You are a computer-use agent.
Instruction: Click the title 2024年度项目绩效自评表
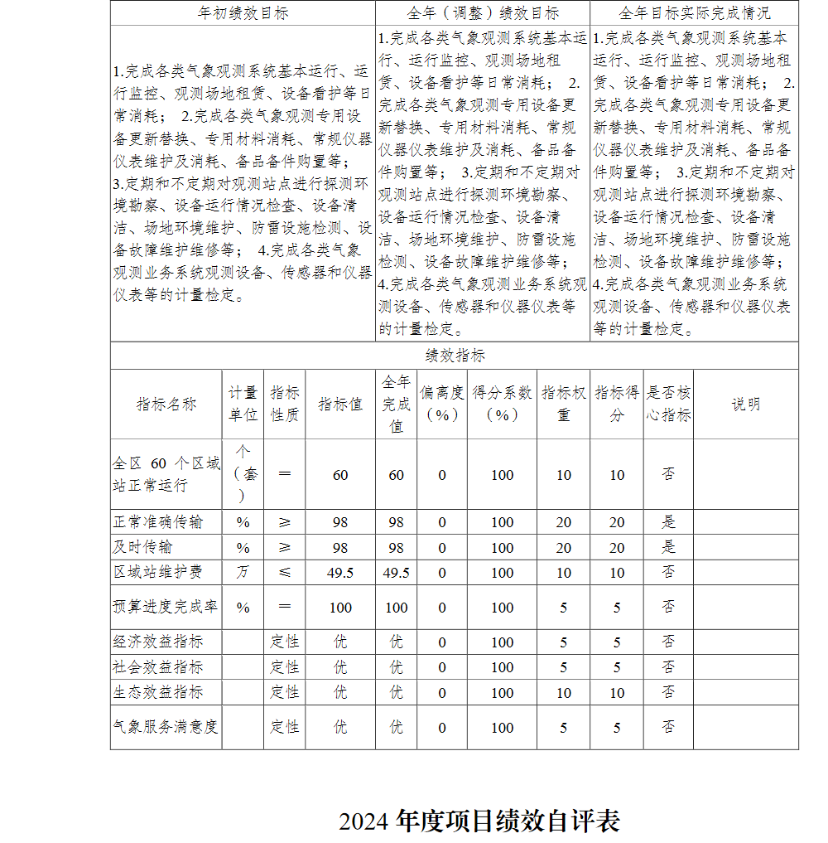tap(479, 821)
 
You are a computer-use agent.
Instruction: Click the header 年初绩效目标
tap(243, 13)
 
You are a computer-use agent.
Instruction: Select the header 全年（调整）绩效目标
tap(483, 13)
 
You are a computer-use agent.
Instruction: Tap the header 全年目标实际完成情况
tap(694, 13)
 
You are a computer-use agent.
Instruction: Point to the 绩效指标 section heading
tap(455, 356)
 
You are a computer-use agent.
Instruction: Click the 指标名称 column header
tap(166, 404)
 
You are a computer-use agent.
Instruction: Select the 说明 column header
tap(745, 404)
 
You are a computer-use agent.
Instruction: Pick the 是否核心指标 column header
tap(668, 404)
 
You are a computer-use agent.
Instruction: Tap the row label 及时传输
tap(143, 547)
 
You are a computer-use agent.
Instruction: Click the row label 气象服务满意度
tap(166, 727)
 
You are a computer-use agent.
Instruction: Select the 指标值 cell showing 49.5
tap(340, 573)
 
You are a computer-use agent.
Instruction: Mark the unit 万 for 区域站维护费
tap(243, 572)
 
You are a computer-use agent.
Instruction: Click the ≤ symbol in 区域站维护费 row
tap(285, 572)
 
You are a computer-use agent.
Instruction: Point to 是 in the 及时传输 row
tap(668, 547)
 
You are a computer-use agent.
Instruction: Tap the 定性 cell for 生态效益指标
tap(285, 692)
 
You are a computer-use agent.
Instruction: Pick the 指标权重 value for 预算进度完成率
tap(564, 608)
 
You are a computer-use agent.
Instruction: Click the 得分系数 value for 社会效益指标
tap(502, 667)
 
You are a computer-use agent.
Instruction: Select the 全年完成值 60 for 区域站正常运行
tap(397, 475)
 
